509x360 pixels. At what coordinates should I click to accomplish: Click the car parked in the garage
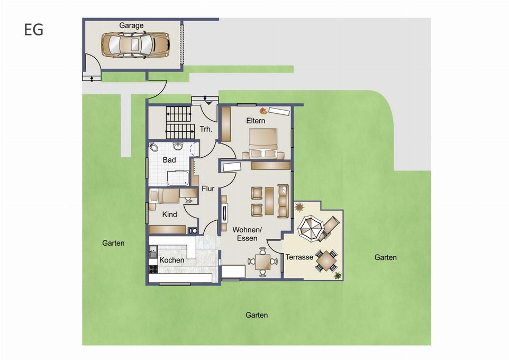[135, 44]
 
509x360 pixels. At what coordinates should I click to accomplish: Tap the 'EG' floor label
[33, 30]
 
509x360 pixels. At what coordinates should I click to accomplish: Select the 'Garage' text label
[131, 25]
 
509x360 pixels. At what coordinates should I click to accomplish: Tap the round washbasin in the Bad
[178, 147]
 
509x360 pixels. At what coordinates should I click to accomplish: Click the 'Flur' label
[208, 188]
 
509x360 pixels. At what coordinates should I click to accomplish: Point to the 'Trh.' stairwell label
[206, 129]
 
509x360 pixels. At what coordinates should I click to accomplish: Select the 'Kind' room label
[169, 215]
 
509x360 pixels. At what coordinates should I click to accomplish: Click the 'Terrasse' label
[300, 257]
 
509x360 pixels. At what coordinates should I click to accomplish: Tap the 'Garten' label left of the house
[113, 244]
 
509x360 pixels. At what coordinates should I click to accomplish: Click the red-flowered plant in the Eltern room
[263, 111]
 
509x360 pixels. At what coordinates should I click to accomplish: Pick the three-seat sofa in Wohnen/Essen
[283, 201]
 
